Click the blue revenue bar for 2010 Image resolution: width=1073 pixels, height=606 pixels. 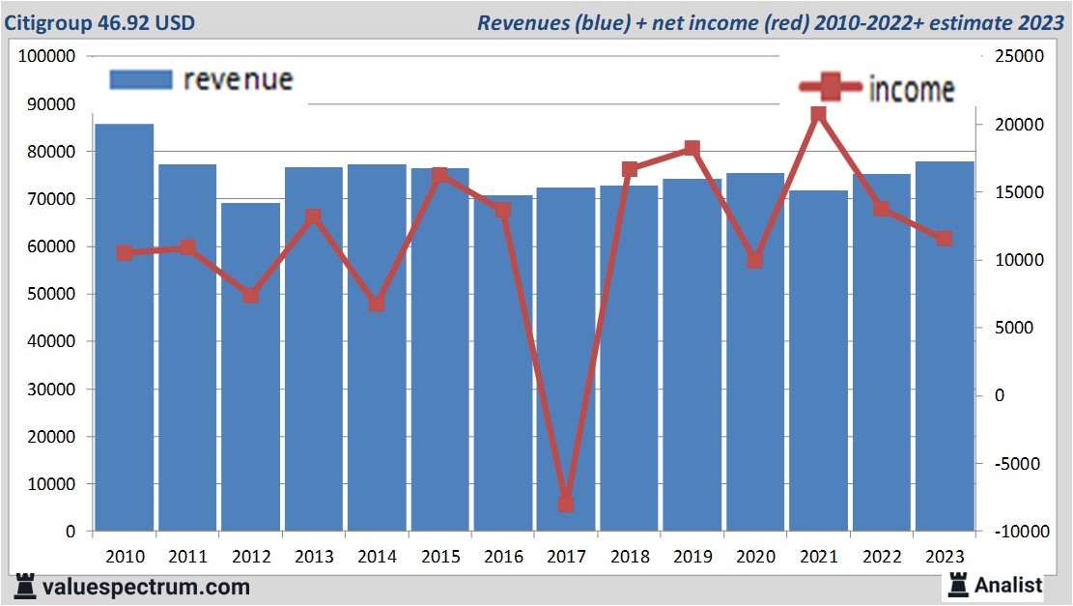(x=125, y=329)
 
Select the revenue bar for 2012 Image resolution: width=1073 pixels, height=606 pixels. (x=250, y=367)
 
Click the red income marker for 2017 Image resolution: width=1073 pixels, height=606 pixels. (x=566, y=505)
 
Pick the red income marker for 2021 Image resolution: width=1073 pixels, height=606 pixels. (x=818, y=115)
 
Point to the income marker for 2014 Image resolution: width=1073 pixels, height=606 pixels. (x=377, y=303)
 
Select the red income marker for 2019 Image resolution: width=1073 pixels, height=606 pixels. (x=692, y=149)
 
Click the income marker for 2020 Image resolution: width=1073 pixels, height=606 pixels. (x=755, y=261)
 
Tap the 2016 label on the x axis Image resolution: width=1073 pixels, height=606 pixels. (x=503, y=558)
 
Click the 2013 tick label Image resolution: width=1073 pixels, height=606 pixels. (x=314, y=558)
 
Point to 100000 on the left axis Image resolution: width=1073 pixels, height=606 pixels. (x=47, y=57)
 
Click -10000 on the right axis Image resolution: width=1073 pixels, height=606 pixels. (x=1015, y=532)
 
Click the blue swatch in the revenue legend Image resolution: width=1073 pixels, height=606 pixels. (x=141, y=79)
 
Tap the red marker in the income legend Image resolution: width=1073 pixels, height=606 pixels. (x=830, y=88)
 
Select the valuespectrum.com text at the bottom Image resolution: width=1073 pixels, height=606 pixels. (x=145, y=587)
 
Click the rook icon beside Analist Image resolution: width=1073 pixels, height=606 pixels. (x=958, y=584)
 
